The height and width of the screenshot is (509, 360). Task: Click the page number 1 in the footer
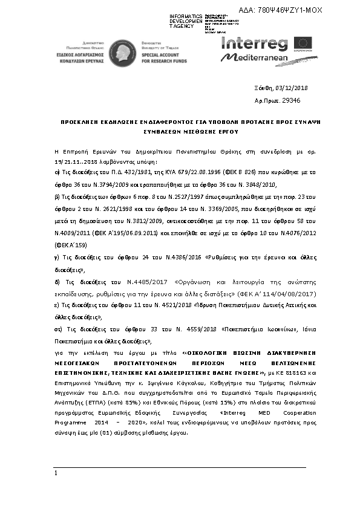(55, 473)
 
